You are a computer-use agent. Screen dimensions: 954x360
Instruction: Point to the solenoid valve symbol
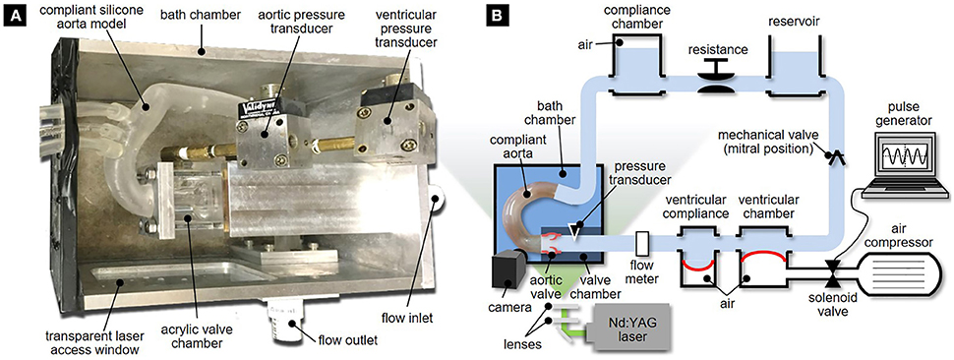point(831,269)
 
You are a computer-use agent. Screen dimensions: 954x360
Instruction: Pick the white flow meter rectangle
point(641,243)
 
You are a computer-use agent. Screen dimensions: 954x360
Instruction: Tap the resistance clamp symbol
point(714,78)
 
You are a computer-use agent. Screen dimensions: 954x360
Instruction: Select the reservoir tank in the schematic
point(796,62)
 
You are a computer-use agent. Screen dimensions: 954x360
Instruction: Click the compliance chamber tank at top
point(636,62)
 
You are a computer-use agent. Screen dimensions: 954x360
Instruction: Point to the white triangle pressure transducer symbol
point(571,229)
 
